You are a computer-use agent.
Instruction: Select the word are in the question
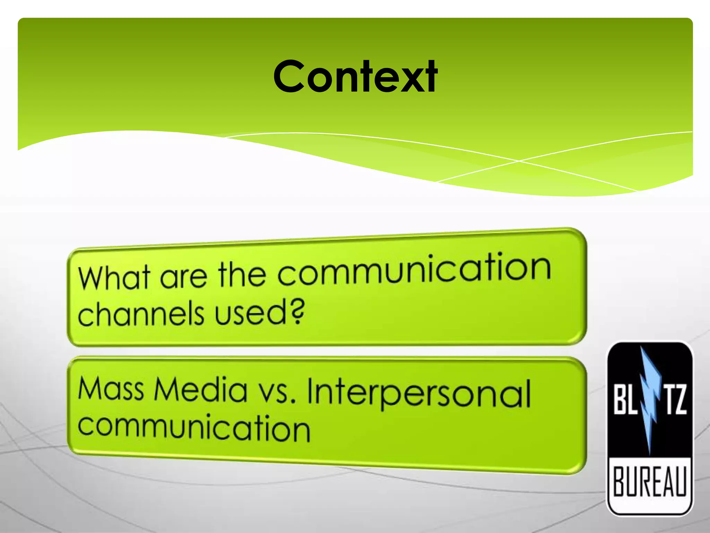184,276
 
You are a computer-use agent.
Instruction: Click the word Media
201,390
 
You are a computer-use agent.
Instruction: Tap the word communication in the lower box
194,428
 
